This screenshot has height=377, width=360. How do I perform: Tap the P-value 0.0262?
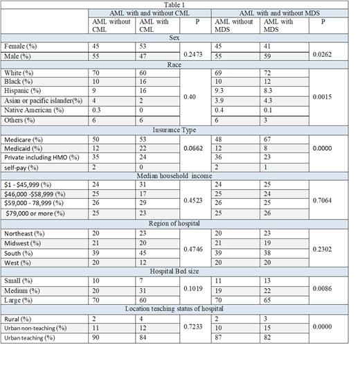(326, 53)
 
